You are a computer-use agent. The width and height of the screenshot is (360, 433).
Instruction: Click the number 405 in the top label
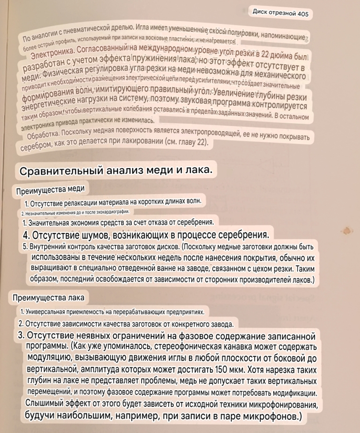pos(301,14)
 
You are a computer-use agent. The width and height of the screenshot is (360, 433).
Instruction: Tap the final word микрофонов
pos(265,416)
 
